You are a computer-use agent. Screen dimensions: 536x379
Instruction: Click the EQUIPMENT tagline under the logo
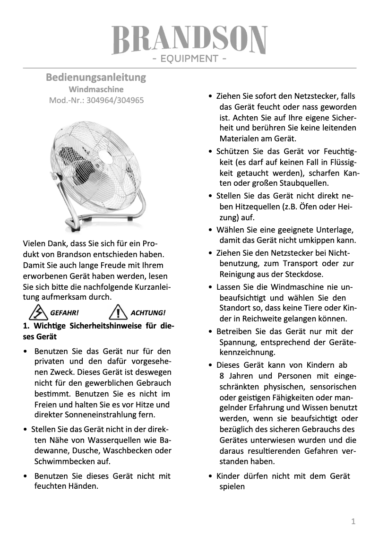click(x=189, y=59)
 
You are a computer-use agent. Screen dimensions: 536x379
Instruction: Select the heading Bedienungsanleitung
click(x=96, y=77)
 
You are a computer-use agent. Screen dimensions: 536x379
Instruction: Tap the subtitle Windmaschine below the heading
click(x=96, y=89)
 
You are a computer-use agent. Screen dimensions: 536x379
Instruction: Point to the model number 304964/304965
click(x=114, y=100)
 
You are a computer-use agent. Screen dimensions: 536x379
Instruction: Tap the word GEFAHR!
click(x=64, y=313)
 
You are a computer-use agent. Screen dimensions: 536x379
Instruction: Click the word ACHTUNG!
click(x=148, y=313)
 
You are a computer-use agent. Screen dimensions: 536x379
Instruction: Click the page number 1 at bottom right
click(x=353, y=521)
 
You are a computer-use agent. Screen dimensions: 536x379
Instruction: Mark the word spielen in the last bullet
click(x=232, y=486)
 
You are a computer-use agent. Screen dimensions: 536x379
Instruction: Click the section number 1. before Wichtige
click(x=26, y=326)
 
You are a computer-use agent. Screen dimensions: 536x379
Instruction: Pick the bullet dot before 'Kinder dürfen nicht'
click(x=210, y=476)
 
